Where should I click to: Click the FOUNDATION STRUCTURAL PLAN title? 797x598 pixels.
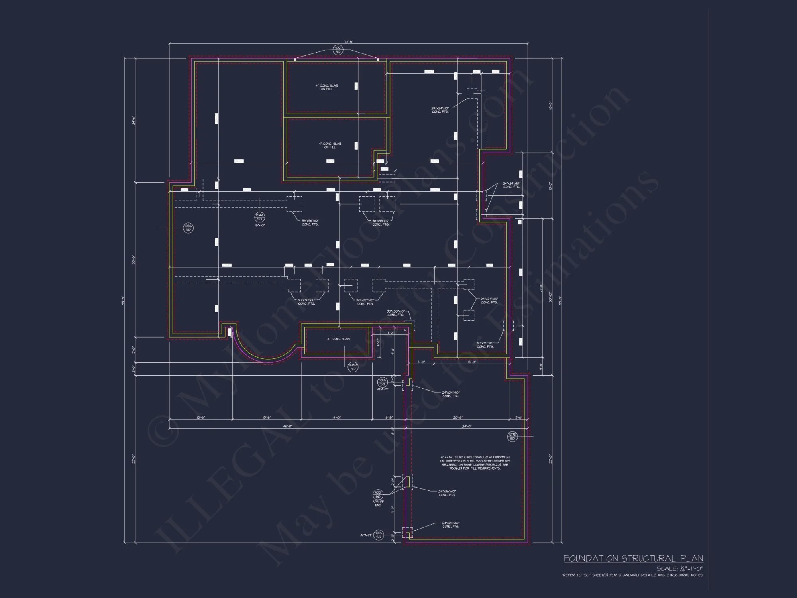(633, 559)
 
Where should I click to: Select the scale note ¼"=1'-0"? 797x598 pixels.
(680, 569)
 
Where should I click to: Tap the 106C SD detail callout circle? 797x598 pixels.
(188, 228)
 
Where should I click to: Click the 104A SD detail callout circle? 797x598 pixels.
(259, 217)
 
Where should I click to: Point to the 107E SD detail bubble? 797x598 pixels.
(512, 437)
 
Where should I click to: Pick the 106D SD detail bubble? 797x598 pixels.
(353, 367)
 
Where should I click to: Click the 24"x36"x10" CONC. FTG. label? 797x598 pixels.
(447, 493)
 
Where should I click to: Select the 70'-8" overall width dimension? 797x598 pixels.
(348, 41)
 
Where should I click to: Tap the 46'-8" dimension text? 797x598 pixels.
(287, 426)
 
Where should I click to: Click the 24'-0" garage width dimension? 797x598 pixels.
(467, 426)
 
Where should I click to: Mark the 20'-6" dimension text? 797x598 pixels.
(458, 417)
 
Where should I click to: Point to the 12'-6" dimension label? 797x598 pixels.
(200, 417)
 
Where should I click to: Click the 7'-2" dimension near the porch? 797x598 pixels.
(390, 332)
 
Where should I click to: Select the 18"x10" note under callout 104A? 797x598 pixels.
(259, 225)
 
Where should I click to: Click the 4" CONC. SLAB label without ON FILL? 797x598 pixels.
(338, 339)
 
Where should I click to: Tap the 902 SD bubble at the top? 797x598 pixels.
(338, 50)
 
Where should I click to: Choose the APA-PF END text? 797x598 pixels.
(378, 503)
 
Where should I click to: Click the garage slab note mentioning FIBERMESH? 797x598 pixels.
(475, 462)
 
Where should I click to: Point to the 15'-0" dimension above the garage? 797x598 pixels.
(471, 362)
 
